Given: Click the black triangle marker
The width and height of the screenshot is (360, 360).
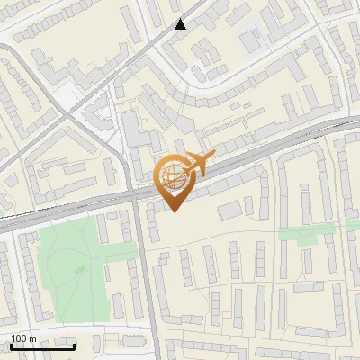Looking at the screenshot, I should (x=181, y=24).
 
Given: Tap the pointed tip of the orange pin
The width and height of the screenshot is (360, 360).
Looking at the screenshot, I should (x=175, y=211).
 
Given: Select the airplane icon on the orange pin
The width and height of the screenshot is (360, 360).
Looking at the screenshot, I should (x=197, y=164).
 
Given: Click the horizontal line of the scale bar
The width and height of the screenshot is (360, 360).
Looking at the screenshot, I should (x=42, y=346).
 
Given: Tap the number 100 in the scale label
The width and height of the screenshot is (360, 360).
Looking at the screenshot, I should (x=20, y=338).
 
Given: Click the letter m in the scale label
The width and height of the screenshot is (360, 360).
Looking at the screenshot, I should (x=32, y=338).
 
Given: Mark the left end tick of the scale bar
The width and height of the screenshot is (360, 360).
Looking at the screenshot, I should (x=11, y=345).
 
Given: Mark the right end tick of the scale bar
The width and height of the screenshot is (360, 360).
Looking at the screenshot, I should (x=75, y=345).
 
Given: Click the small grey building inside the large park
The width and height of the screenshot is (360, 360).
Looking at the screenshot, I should (x=79, y=268).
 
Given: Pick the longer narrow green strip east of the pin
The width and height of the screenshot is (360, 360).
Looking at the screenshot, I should (x=301, y=234).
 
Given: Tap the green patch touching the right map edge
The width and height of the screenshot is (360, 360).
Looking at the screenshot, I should (x=353, y=225).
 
